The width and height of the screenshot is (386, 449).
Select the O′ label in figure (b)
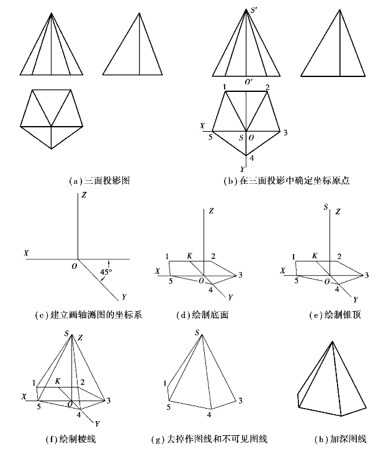pyautogui.click(x=248, y=81)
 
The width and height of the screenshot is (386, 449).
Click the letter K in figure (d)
pyautogui.click(x=190, y=256)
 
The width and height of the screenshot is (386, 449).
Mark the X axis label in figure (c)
pyautogui.click(x=26, y=253)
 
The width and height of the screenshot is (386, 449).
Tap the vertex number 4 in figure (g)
pyautogui.click(x=210, y=414)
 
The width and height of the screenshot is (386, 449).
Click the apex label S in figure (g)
pyautogui.click(x=197, y=333)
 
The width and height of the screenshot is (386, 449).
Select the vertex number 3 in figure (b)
pyautogui.click(x=285, y=133)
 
